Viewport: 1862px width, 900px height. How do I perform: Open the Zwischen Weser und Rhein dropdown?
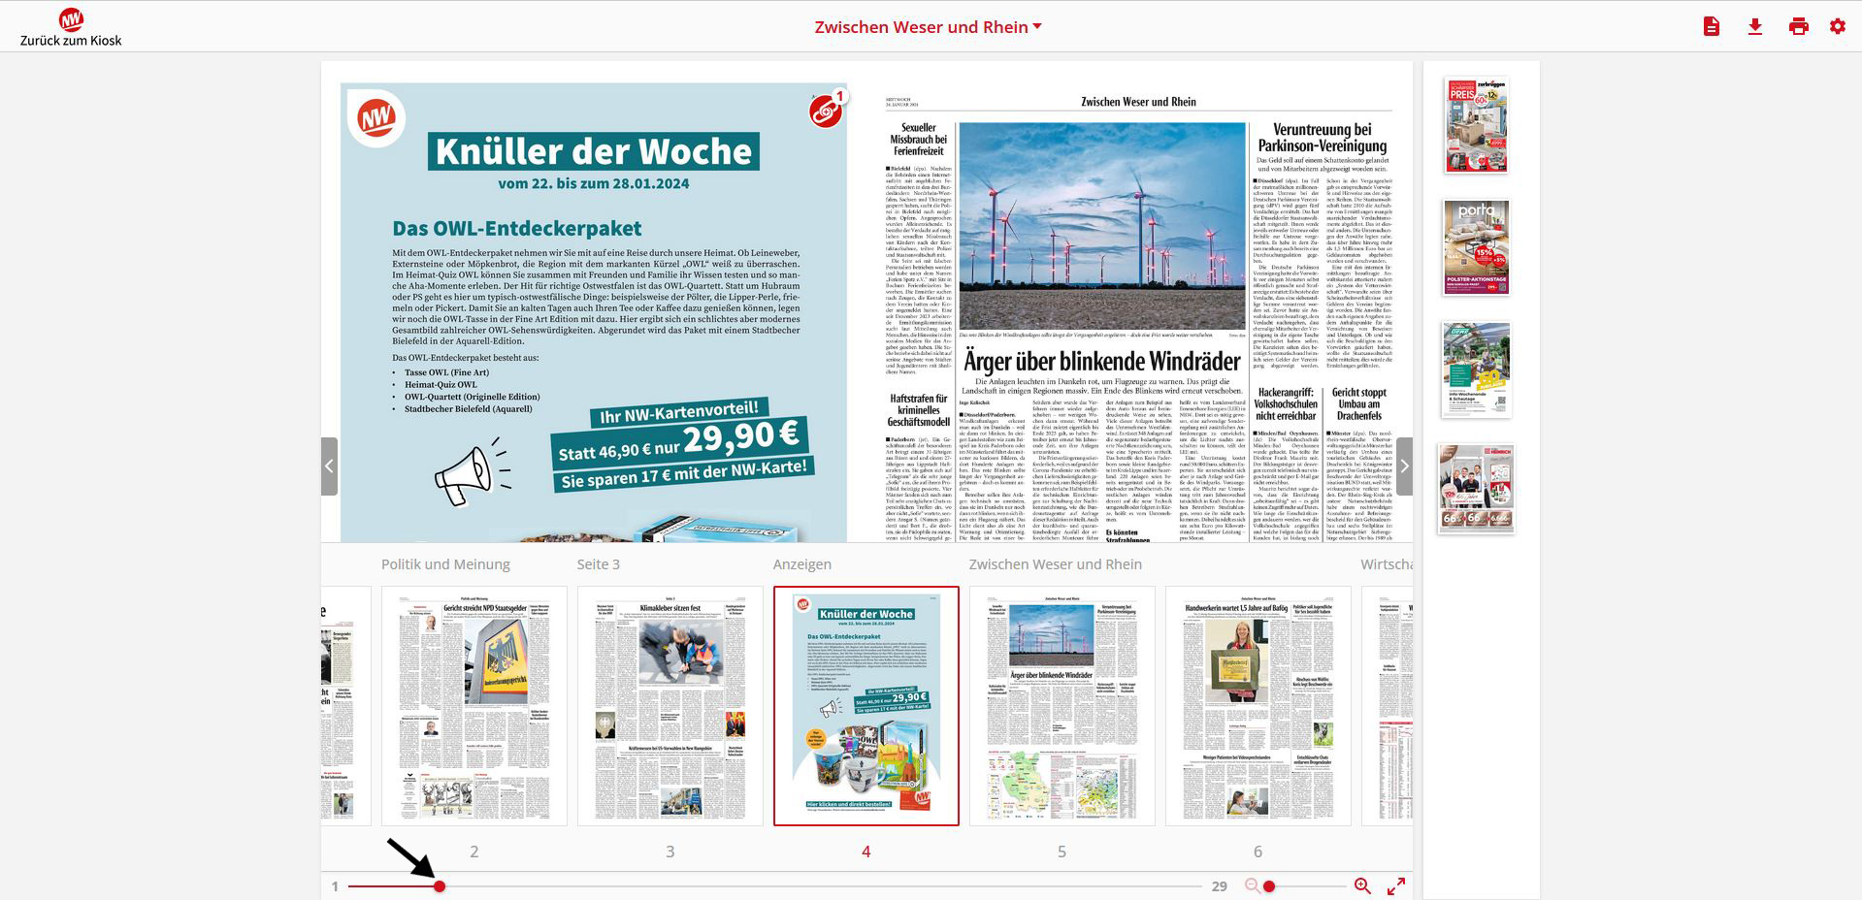click(x=928, y=27)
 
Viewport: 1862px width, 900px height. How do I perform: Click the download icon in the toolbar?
click(x=1754, y=27)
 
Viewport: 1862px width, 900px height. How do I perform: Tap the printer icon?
click(x=1798, y=27)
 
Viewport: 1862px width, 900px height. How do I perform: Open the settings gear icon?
click(x=1837, y=27)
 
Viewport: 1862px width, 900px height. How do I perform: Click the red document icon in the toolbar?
click(x=1711, y=27)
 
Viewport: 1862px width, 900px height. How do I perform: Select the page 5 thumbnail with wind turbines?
click(x=1062, y=705)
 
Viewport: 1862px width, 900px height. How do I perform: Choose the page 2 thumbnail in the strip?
click(x=474, y=705)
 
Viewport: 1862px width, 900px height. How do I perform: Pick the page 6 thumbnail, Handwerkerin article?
click(x=1258, y=705)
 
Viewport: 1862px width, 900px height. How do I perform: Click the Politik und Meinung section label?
click(x=445, y=564)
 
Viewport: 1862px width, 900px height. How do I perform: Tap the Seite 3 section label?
click(x=598, y=564)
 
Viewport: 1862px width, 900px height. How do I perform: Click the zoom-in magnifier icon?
click(x=1362, y=885)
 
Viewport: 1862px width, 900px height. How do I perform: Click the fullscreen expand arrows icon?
click(x=1395, y=885)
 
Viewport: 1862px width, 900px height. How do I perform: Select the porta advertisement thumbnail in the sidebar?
click(x=1476, y=246)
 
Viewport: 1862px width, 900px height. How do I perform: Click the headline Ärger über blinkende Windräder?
click(x=1101, y=362)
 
